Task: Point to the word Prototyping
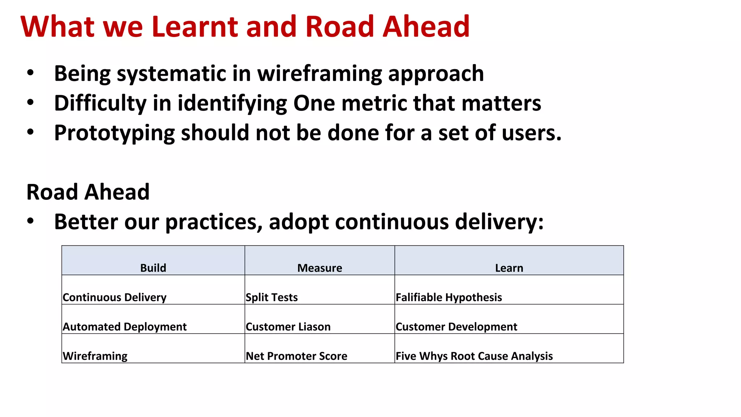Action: tap(114, 133)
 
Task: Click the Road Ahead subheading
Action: tap(88, 192)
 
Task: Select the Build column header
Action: tap(153, 268)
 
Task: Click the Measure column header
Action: tap(319, 268)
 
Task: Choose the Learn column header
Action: tap(509, 268)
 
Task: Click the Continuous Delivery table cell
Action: tap(115, 297)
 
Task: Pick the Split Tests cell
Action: tap(272, 297)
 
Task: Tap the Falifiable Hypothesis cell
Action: tap(449, 297)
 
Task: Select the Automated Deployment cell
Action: tap(125, 327)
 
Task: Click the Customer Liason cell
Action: tap(288, 327)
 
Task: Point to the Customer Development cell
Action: tap(456, 327)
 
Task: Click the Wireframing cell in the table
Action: tap(95, 356)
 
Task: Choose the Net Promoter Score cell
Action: tap(296, 356)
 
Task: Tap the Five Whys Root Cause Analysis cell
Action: tap(474, 356)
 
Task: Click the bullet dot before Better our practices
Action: tap(30, 220)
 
